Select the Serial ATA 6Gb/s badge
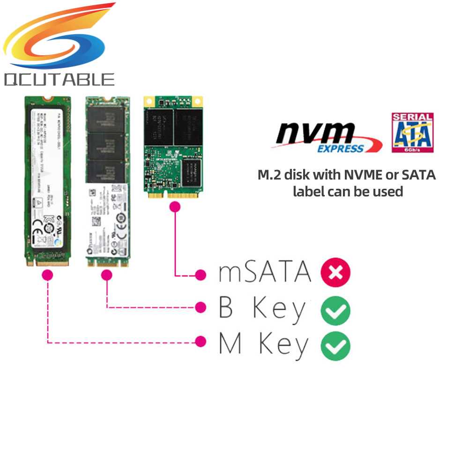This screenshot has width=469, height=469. [412, 132]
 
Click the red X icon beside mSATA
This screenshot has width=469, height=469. [335, 273]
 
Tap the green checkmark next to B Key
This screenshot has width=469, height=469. [335, 310]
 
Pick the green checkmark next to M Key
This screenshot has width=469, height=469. [335, 346]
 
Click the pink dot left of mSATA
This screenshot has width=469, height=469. [201, 275]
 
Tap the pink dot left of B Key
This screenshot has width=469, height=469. [201, 307]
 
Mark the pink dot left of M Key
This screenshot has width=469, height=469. [201, 342]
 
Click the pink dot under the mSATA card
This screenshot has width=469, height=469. [175, 207]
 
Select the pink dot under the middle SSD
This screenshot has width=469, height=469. [107, 276]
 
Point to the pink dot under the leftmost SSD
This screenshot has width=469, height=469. [47, 275]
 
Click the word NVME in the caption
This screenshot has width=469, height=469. [363, 175]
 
